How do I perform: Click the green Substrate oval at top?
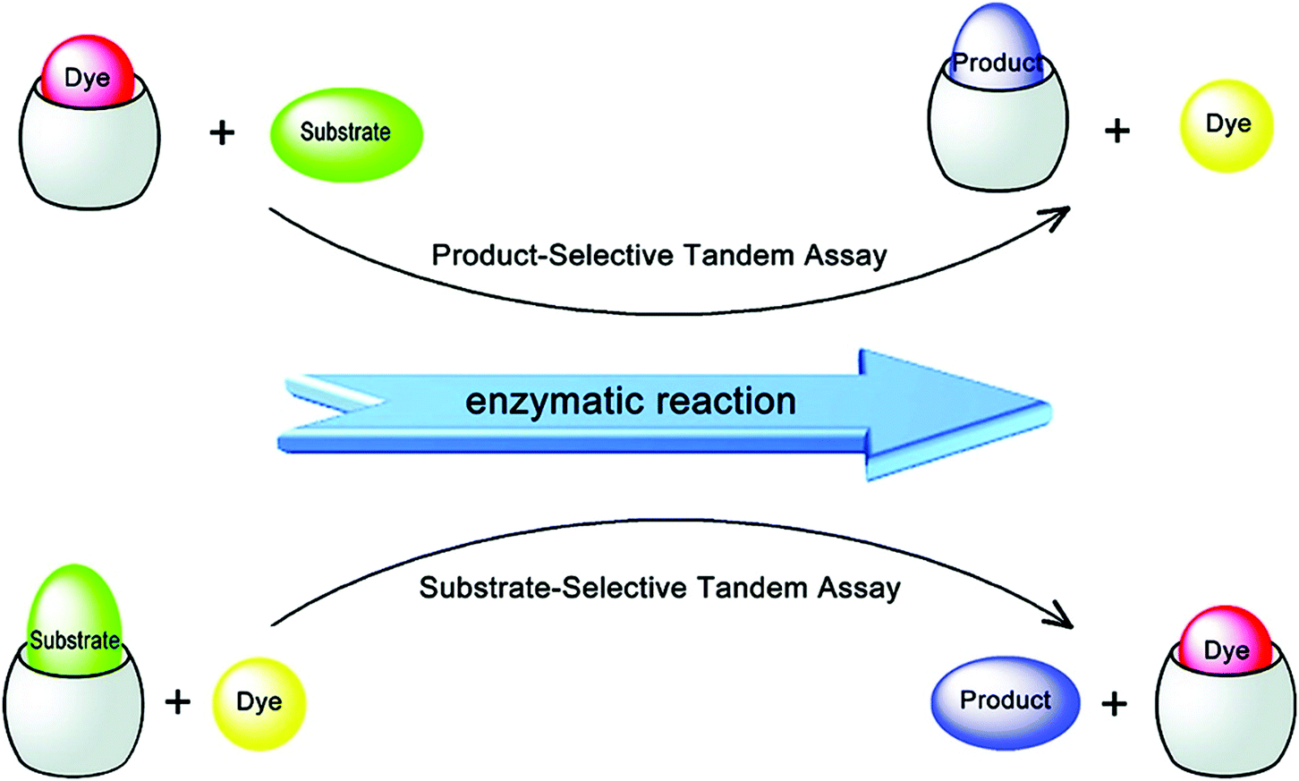[346, 134]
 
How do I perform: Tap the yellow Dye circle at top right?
[1227, 125]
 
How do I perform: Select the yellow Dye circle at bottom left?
[259, 703]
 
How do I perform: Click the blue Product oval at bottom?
[1006, 702]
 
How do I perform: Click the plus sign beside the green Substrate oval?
[222, 133]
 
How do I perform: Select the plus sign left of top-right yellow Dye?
[1116, 132]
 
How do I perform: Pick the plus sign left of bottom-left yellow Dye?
[178, 702]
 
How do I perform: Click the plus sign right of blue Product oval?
[1114, 704]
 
